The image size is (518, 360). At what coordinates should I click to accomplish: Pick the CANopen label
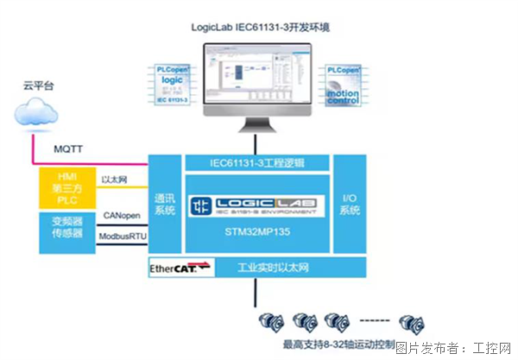[118, 214]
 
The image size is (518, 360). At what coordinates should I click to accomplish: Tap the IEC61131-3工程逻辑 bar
[256, 162]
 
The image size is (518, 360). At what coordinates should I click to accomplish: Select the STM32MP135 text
[256, 232]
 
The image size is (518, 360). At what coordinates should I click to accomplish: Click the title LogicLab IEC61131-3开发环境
[259, 27]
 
